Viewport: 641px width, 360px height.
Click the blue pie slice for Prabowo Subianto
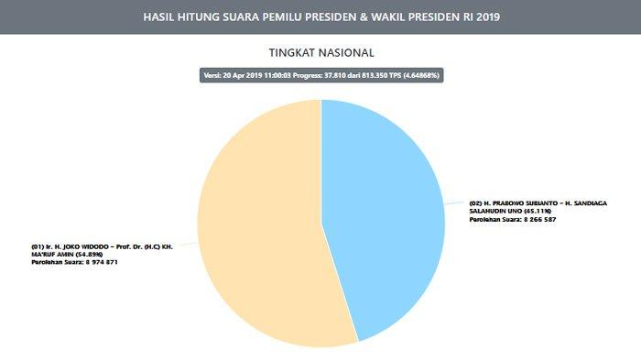point(385,211)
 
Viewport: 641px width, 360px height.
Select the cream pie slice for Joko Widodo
point(256,238)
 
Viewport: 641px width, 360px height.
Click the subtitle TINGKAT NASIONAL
point(320,53)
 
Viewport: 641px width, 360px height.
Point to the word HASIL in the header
point(162,17)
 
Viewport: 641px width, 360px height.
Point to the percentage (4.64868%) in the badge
point(418,75)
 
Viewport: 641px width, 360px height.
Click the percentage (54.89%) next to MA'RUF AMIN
point(89,254)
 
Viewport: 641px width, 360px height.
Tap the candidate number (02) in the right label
point(475,202)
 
